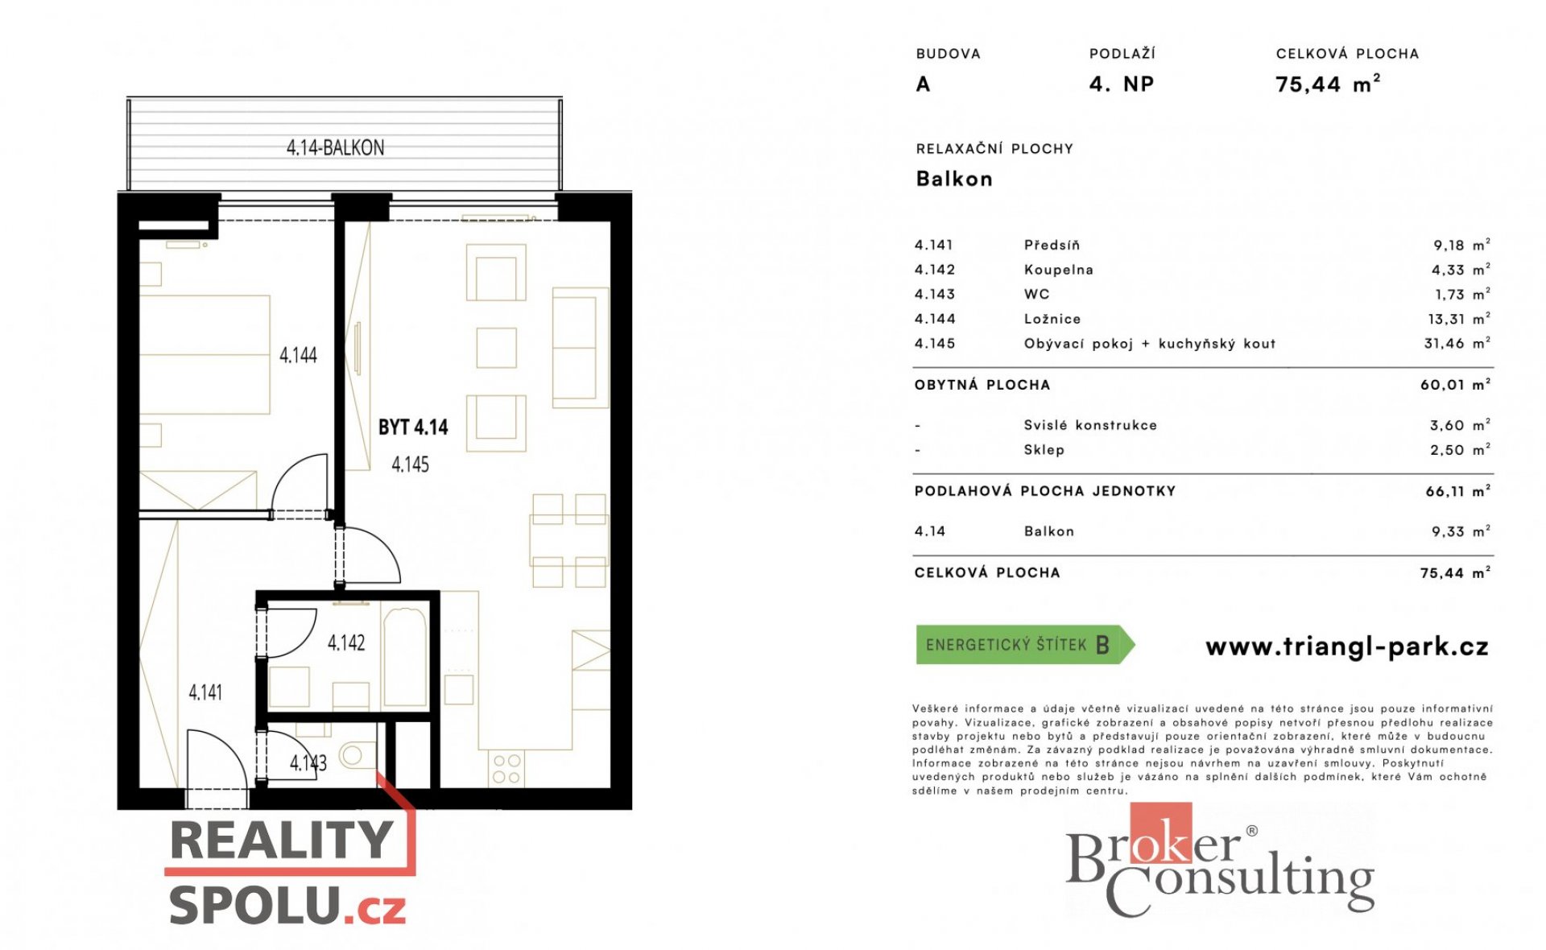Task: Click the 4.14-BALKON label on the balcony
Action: coord(335,148)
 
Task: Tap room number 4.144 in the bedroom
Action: coord(298,355)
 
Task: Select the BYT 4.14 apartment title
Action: coord(413,427)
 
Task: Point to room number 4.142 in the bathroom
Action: coord(346,642)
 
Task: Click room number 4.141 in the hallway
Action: coord(205,692)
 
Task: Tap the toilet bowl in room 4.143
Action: coord(357,755)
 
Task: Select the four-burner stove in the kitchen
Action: coord(506,768)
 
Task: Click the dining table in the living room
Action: coord(568,540)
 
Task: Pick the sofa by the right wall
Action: coord(580,347)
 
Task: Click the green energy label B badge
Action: coord(1025,645)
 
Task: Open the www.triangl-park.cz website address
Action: coord(1347,646)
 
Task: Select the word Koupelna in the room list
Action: coord(1058,270)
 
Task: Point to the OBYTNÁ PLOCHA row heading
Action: coord(982,385)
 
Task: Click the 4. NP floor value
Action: coord(1122,84)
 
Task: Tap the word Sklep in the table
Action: coord(1044,450)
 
